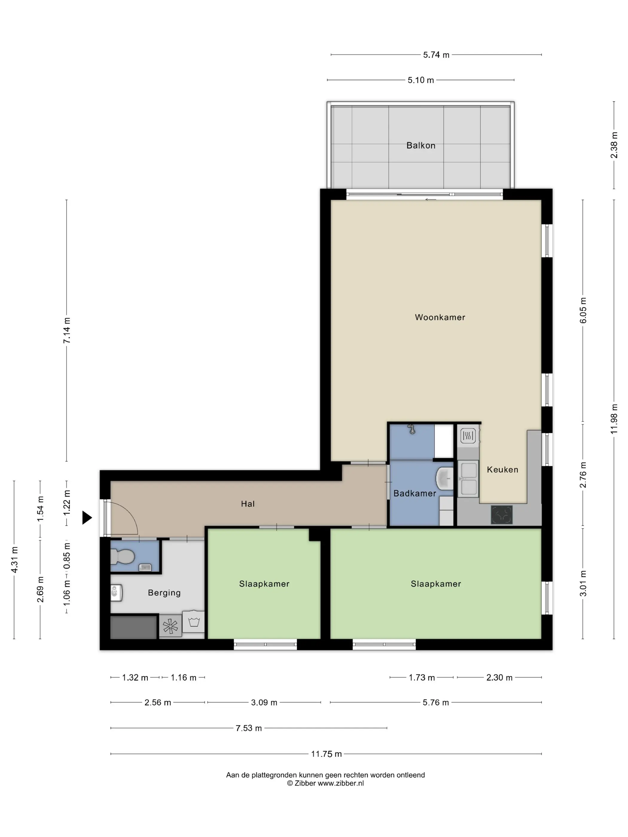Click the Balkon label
(x=420, y=146)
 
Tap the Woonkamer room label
(x=440, y=317)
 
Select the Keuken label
(x=502, y=470)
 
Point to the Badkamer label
(x=414, y=494)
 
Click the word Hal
(x=248, y=504)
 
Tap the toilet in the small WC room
(x=122, y=557)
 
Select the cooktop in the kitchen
(x=502, y=515)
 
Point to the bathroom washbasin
(x=445, y=478)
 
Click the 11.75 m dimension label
(x=326, y=754)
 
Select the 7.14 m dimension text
(x=67, y=330)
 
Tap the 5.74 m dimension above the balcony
(x=436, y=55)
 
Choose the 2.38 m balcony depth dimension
(x=614, y=145)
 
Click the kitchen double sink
(x=468, y=479)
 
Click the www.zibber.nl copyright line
(x=325, y=783)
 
